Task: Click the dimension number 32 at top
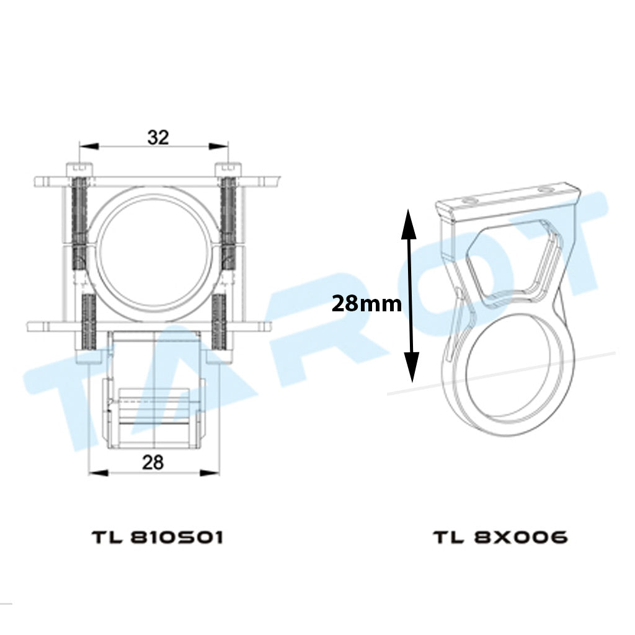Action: (x=158, y=138)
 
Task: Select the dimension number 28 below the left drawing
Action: (x=153, y=462)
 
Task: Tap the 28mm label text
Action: (x=366, y=303)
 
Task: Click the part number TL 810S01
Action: (x=158, y=538)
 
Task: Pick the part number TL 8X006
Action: (x=501, y=538)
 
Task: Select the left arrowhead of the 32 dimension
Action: (x=89, y=146)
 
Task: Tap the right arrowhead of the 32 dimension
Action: (x=218, y=146)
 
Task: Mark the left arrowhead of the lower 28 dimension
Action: (x=99, y=473)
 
